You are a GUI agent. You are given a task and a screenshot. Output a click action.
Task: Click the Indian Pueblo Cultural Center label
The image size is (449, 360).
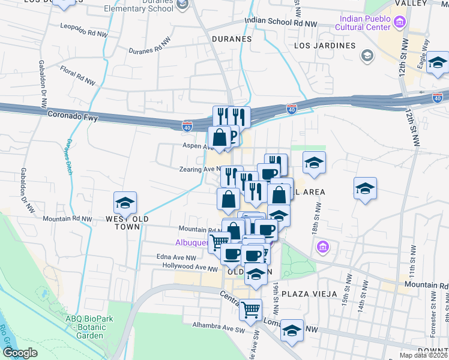pyautogui.click(x=366, y=23)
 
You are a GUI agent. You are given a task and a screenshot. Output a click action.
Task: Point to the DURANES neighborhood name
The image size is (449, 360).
pyautogui.click(x=231, y=39)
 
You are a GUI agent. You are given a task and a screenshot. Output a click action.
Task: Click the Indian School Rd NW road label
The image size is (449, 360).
pyautogui.click(x=280, y=22)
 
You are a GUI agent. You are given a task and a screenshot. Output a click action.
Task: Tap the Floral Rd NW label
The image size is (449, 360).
pyautogui.click(x=77, y=76)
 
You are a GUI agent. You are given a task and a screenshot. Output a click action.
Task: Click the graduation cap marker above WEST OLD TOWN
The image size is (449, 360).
pyautogui.click(x=125, y=203)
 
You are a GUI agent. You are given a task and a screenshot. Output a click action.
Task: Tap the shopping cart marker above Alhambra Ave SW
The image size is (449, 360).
pyautogui.click(x=250, y=310)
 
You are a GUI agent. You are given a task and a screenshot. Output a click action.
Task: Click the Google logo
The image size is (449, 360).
pyautogui.click(x=20, y=353)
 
